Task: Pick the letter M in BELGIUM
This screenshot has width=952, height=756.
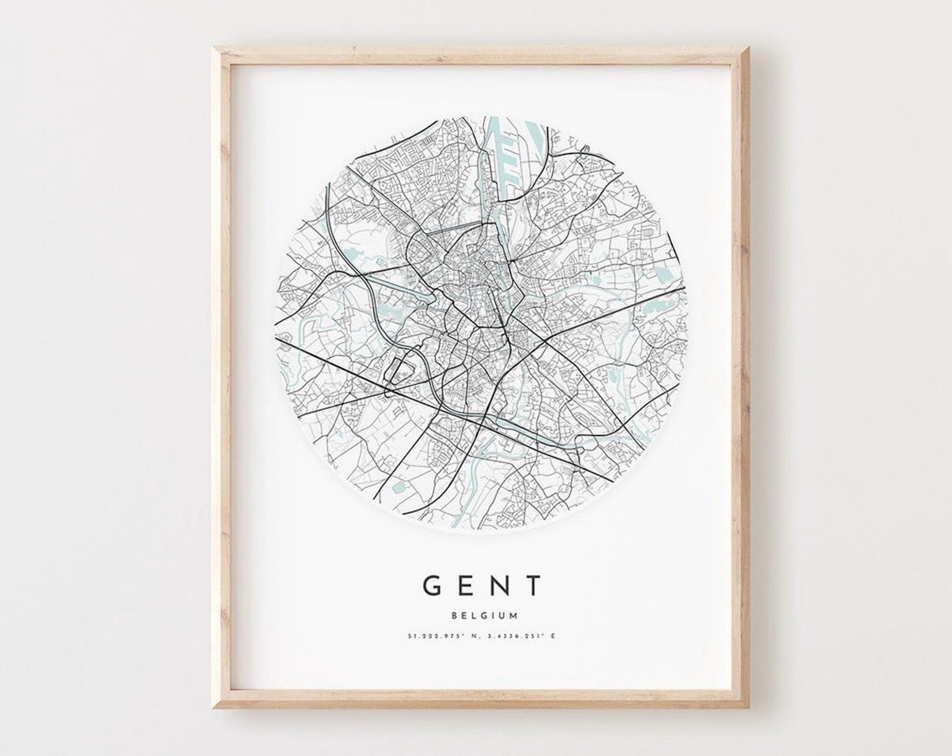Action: click(x=513, y=616)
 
